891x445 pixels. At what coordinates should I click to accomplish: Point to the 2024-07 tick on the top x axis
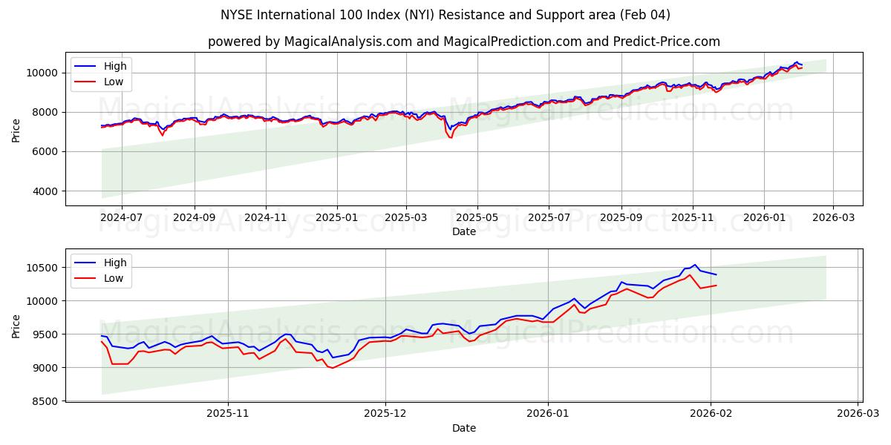121,218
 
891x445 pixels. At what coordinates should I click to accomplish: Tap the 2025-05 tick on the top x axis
477,218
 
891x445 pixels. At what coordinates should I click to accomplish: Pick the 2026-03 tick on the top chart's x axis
832,218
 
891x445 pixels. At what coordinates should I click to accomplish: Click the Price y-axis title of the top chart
16,130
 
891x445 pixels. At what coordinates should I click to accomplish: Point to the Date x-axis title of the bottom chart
464,429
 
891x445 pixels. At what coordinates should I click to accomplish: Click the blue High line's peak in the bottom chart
695,265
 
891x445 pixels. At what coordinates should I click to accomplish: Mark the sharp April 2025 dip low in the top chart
450,137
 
